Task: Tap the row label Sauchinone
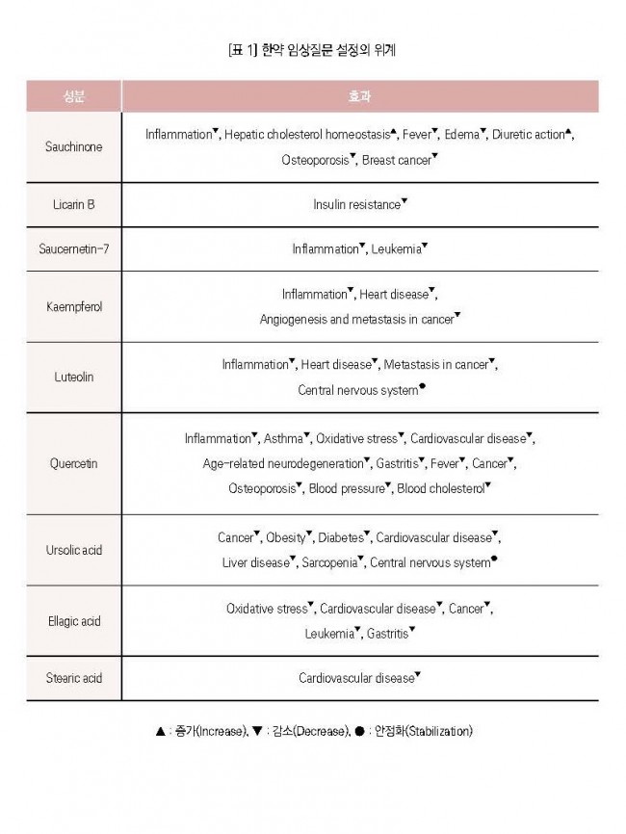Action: click(x=73, y=147)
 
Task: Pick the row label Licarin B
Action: click(x=73, y=205)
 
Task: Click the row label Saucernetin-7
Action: click(x=73, y=249)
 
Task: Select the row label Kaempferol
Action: click(x=73, y=307)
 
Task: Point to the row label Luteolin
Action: click(x=73, y=378)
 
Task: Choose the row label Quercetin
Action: click(x=73, y=463)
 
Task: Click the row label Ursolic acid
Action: click(x=73, y=550)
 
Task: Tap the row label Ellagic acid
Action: click(x=73, y=621)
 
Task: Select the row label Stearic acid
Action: click(x=73, y=678)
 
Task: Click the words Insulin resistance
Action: click(x=355, y=205)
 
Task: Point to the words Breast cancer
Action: click(x=397, y=160)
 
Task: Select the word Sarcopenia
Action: click(x=328, y=562)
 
